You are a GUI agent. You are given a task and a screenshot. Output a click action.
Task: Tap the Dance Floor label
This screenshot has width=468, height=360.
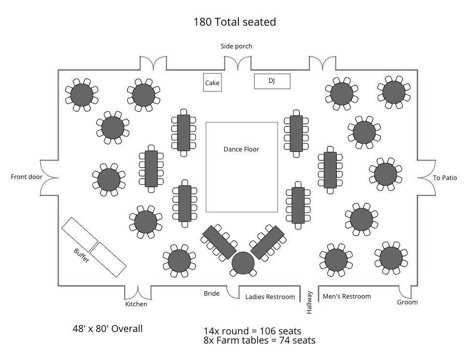coord(241,149)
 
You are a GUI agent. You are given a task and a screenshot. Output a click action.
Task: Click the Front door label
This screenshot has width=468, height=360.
coord(27,177)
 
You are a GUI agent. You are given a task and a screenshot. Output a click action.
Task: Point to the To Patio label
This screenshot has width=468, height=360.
coord(445,178)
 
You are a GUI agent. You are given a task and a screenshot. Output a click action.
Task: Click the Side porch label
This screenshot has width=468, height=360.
coord(236,46)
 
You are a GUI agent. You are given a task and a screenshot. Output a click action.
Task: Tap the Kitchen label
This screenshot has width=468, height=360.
coord(136,304)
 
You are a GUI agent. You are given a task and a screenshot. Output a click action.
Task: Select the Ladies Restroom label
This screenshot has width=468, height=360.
coord(270,297)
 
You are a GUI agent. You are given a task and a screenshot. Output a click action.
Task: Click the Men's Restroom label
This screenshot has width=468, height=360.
coord(347,296)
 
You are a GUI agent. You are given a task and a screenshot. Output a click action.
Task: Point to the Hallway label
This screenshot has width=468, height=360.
coord(309,302)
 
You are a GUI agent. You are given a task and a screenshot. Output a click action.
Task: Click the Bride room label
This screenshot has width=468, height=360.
coord(211,293)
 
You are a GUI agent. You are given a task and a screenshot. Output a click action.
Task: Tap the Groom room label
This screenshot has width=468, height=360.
coord(407,302)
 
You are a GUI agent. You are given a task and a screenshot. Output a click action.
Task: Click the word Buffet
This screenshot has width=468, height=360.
coord(81,255)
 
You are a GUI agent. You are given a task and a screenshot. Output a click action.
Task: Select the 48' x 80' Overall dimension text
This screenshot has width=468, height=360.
coord(107,329)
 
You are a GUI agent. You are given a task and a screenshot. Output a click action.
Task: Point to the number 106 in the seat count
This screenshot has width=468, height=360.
coord(268,331)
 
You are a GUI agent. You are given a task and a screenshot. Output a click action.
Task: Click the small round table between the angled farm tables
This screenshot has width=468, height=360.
coord(243,263)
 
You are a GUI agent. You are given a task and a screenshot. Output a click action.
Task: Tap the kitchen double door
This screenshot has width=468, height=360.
coord(138,293)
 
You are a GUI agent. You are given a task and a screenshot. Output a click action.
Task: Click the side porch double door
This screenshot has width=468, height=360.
coord(238,63)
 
